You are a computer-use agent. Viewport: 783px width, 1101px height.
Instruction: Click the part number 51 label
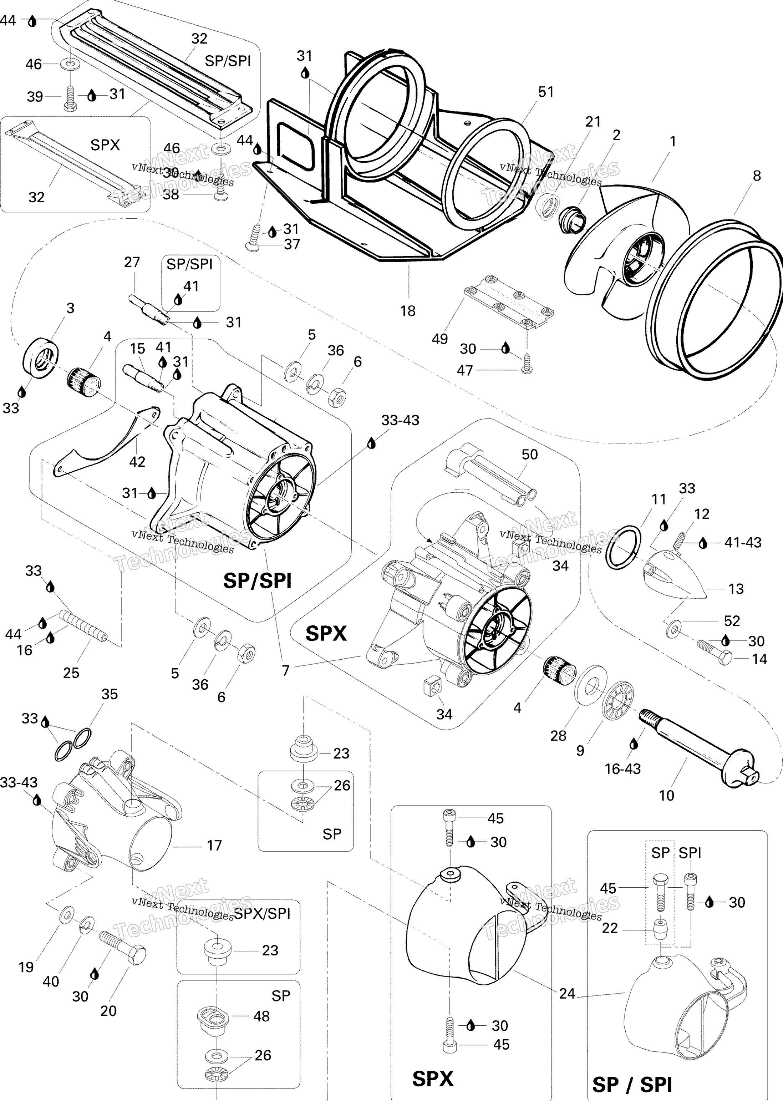click(x=546, y=92)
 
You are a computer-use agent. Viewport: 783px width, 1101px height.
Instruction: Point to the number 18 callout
click(x=408, y=311)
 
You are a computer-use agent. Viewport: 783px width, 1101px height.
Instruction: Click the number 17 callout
click(x=214, y=846)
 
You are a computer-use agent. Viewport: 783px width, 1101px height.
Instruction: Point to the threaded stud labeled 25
click(x=83, y=627)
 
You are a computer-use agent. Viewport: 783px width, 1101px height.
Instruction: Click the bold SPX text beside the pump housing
click(x=326, y=633)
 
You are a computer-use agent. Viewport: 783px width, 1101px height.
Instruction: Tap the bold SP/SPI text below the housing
click(x=258, y=581)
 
